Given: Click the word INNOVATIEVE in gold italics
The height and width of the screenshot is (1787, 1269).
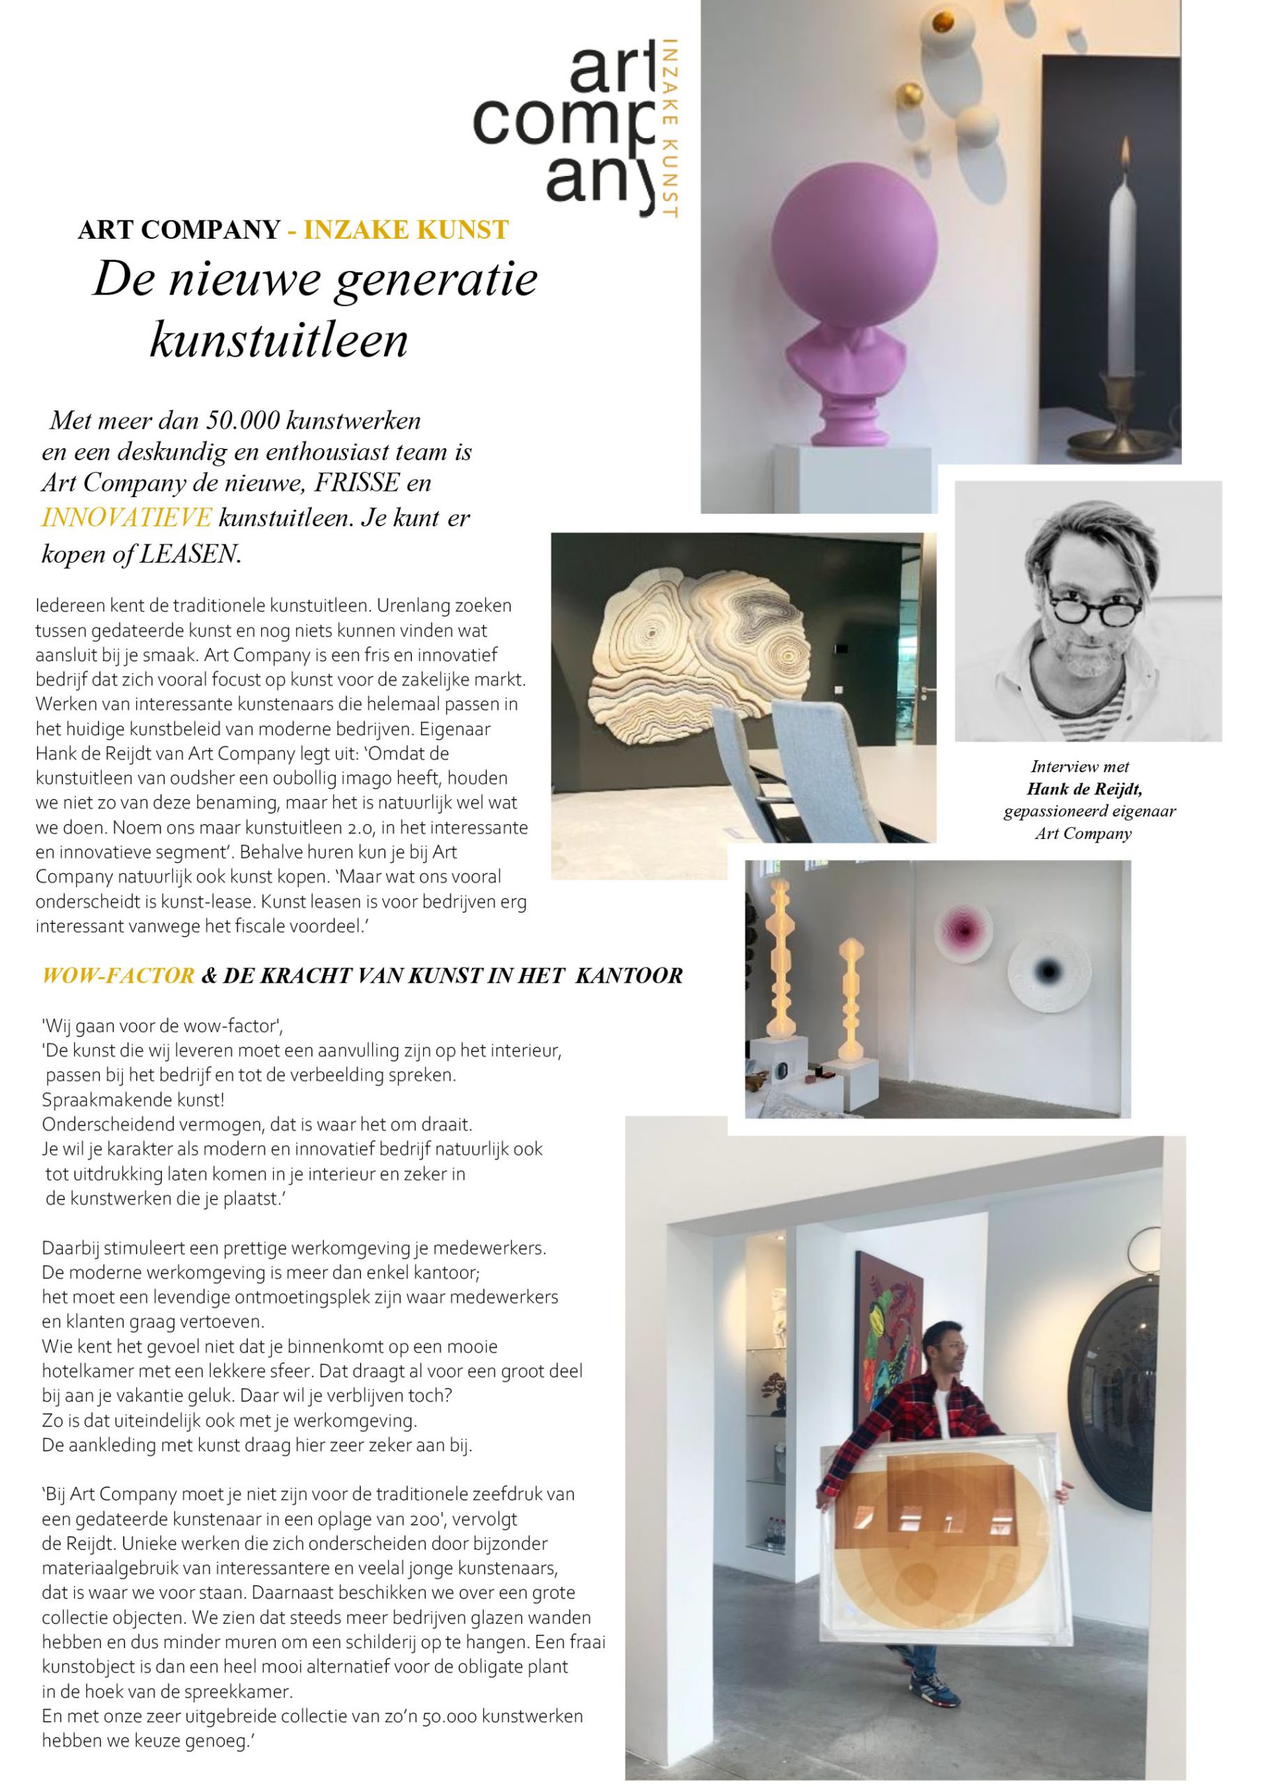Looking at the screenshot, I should point(126,517).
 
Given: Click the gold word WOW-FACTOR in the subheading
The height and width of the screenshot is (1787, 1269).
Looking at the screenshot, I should point(118,975).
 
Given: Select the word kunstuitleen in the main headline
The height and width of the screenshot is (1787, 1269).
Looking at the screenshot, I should point(279,340).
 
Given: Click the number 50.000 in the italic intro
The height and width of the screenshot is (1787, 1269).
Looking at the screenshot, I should point(242,420).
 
